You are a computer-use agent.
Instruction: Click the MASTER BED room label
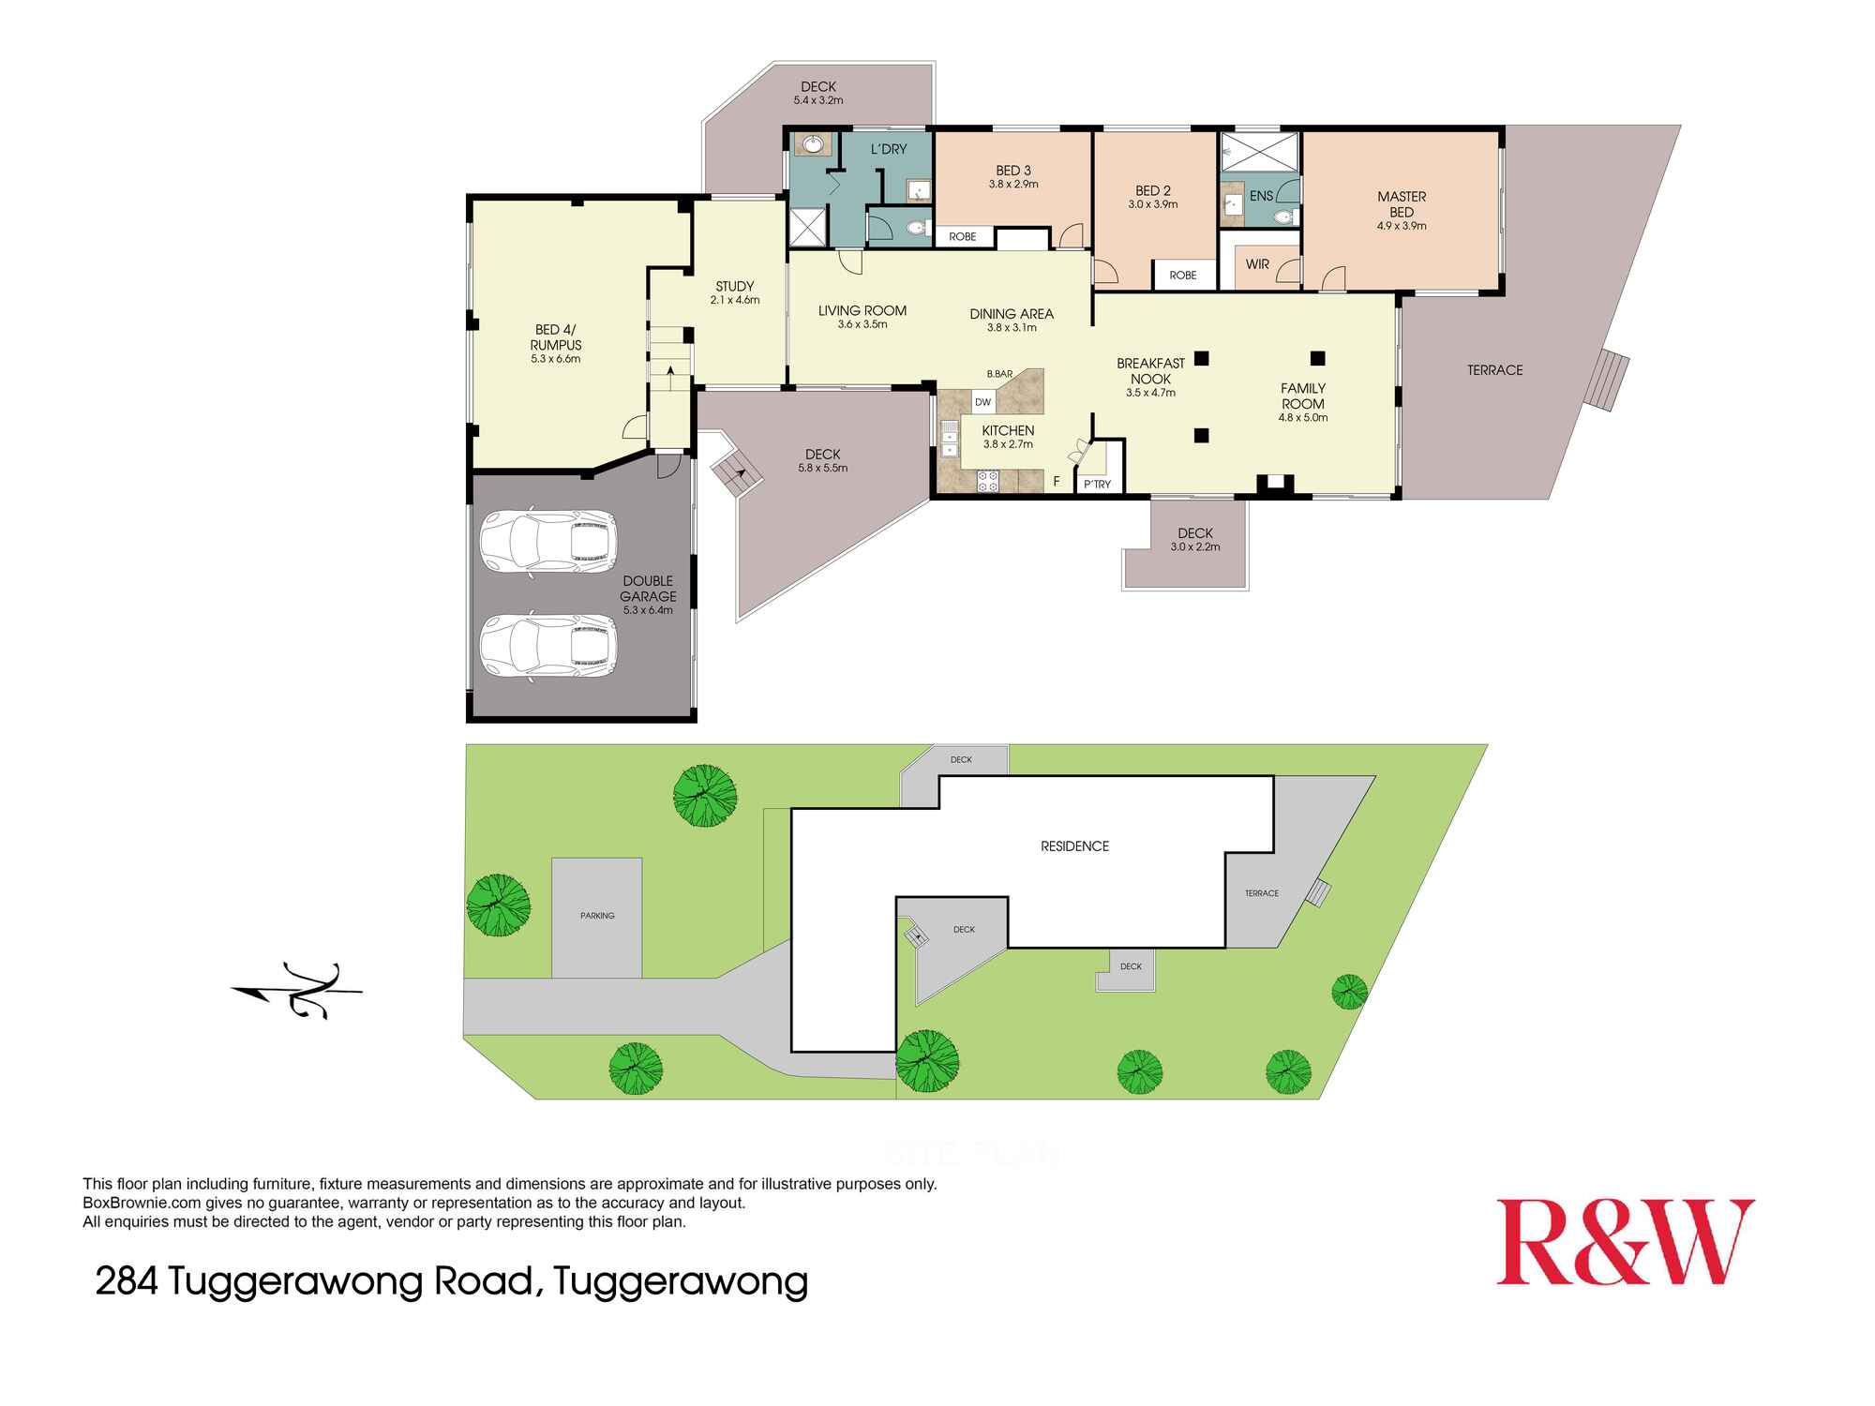click(1402, 204)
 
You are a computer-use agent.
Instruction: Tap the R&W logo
click(1625, 1242)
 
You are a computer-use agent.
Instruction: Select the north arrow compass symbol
click(298, 990)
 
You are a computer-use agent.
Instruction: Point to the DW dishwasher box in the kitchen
click(982, 402)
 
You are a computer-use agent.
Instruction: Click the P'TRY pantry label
click(1097, 485)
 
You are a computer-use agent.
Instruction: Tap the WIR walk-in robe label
click(1257, 264)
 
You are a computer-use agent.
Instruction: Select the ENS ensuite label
click(1262, 196)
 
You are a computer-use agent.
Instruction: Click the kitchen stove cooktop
click(988, 482)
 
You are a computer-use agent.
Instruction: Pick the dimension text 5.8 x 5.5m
click(822, 468)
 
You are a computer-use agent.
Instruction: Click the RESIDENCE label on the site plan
click(1074, 846)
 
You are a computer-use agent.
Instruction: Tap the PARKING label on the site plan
click(597, 916)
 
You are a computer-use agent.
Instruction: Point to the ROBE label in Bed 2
click(1183, 276)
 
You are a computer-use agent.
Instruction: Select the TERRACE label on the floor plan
click(1494, 370)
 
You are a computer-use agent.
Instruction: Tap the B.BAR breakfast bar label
click(999, 374)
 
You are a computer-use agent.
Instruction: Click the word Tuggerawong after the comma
click(681, 1280)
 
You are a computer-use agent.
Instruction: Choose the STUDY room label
click(734, 287)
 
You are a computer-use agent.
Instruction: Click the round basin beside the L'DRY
click(812, 145)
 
